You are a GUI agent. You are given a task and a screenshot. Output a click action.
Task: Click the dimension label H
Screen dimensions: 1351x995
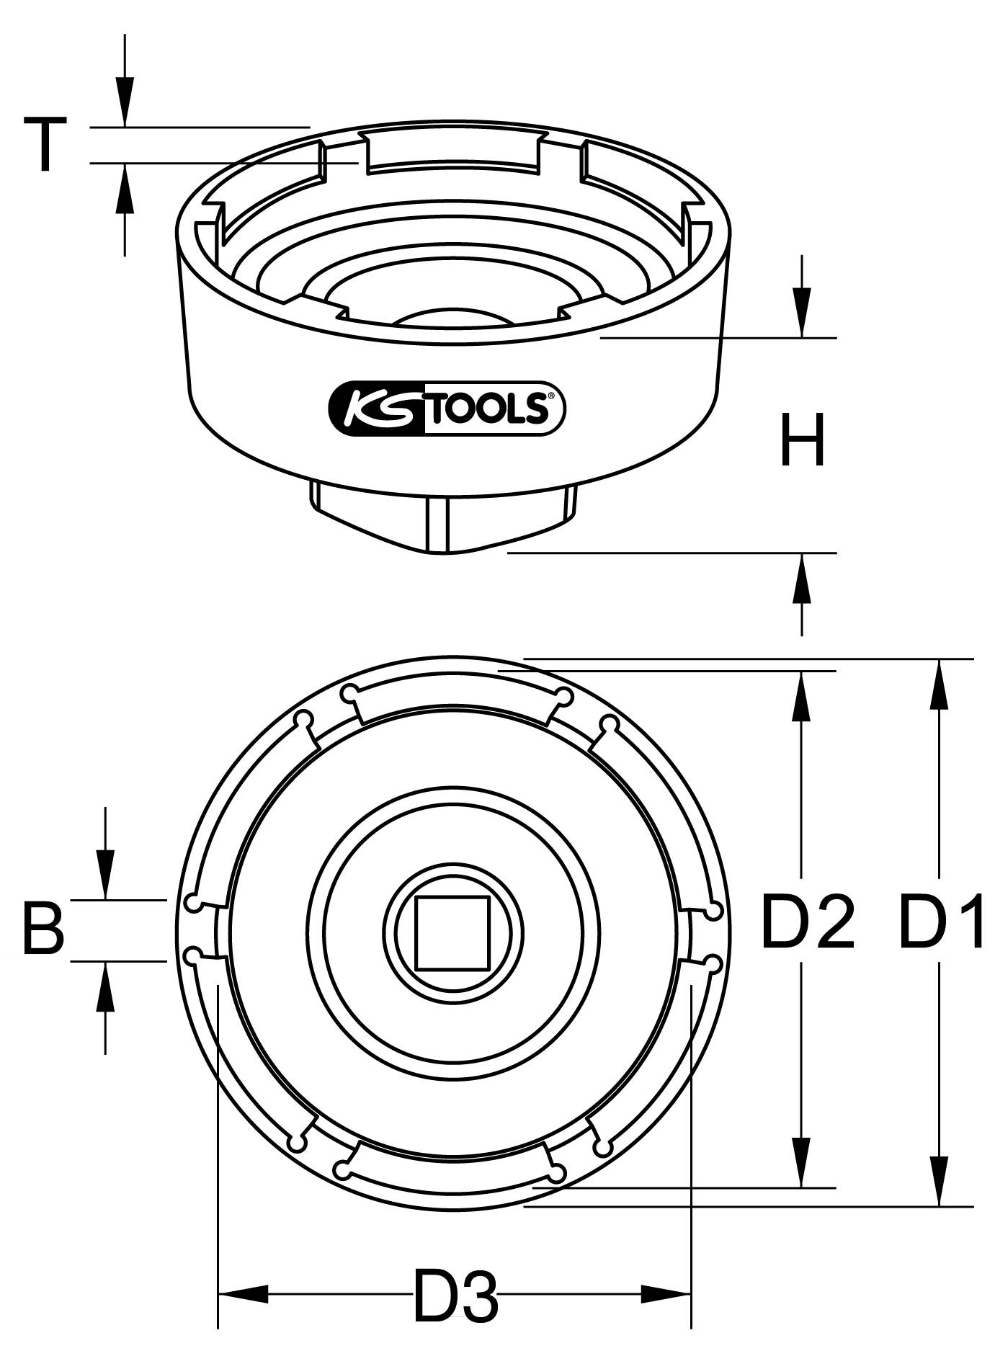(803, 441)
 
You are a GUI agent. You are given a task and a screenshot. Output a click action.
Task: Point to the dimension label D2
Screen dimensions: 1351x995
(807, 922)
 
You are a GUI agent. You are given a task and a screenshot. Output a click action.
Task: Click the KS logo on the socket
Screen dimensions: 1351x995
(375, 409)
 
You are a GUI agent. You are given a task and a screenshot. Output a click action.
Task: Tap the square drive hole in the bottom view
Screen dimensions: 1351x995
(452, 933)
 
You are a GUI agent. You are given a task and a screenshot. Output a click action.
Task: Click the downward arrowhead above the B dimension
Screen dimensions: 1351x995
(105, 875)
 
